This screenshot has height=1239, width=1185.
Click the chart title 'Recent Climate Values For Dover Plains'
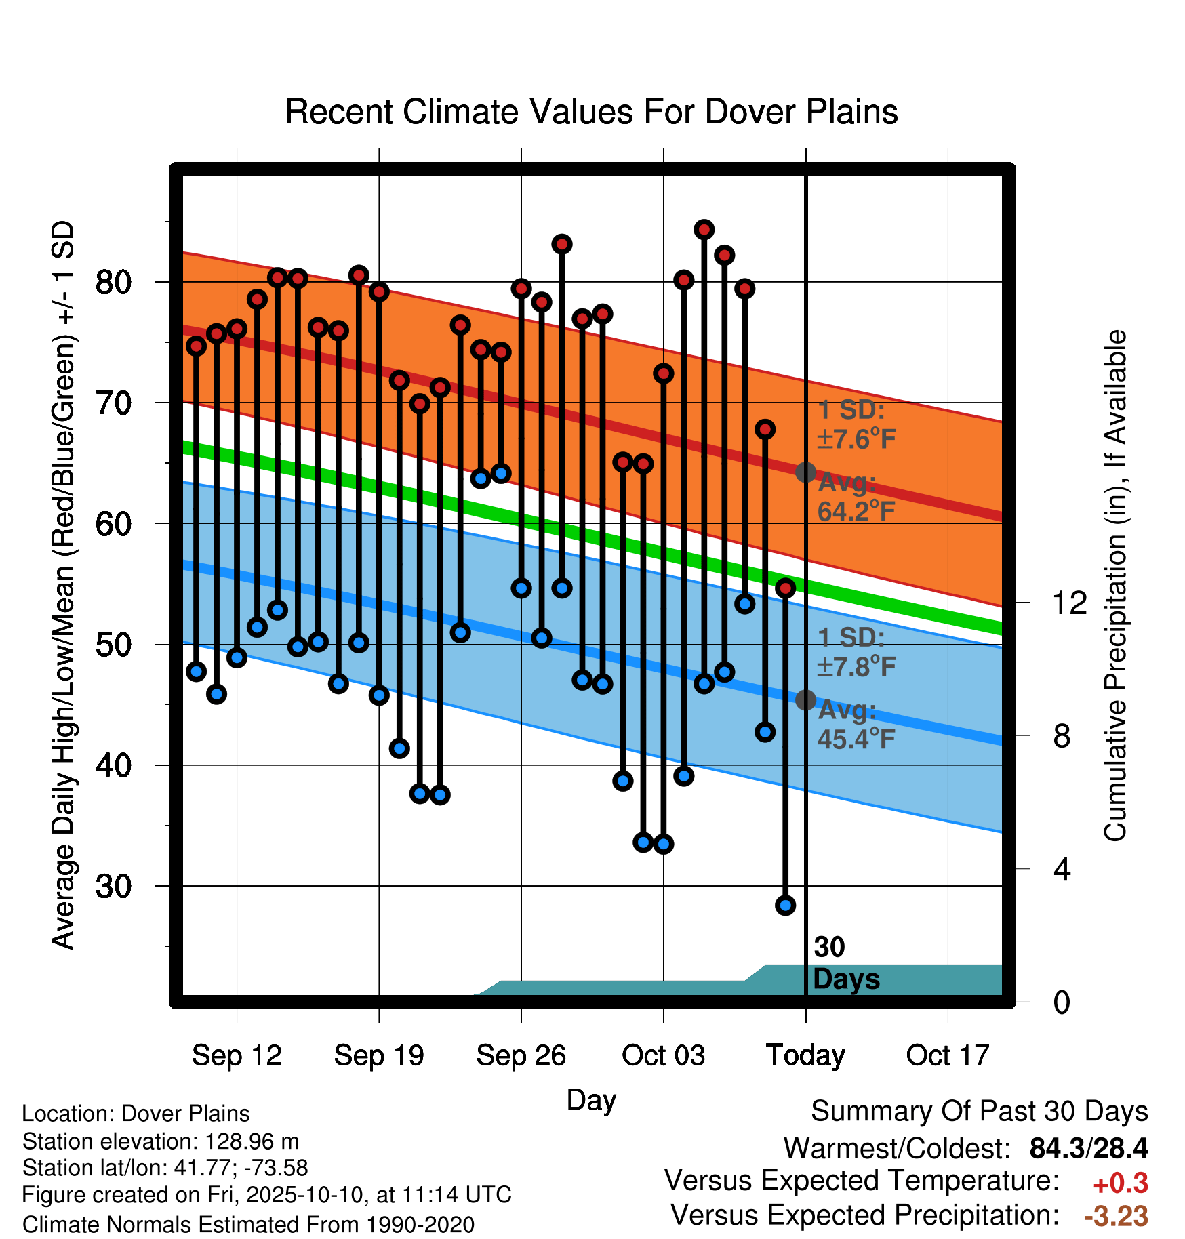(591, 112)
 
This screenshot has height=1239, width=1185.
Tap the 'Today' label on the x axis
(805, 1055)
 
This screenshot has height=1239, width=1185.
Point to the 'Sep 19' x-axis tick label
(379, 1055)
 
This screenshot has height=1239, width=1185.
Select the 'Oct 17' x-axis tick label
(948, 1055)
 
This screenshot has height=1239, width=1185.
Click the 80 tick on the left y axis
(113, 282)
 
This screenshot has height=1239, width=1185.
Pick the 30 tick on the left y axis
(113, 886)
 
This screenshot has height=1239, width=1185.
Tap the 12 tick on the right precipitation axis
(1069, 603)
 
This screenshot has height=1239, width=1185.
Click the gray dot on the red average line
(805, 472)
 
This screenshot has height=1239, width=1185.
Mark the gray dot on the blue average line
(805, 699)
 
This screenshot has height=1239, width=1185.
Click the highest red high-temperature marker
(704, 230)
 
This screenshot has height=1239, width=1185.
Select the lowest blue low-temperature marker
(785, 905)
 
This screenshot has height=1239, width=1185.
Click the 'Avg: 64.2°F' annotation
(857, 497)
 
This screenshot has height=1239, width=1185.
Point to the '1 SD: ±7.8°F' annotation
(857, 652)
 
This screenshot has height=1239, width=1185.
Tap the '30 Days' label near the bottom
(846, 963)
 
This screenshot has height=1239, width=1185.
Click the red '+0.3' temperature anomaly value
(1121, 1183)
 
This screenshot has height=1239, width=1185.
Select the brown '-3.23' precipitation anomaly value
(1116, 1216)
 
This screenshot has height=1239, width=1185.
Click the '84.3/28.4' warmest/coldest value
(1089, 1148)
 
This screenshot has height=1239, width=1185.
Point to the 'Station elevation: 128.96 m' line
(161, 1141)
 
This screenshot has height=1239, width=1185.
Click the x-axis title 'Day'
(591, 1100)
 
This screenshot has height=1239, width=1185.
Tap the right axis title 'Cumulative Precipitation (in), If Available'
(1115, 586)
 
